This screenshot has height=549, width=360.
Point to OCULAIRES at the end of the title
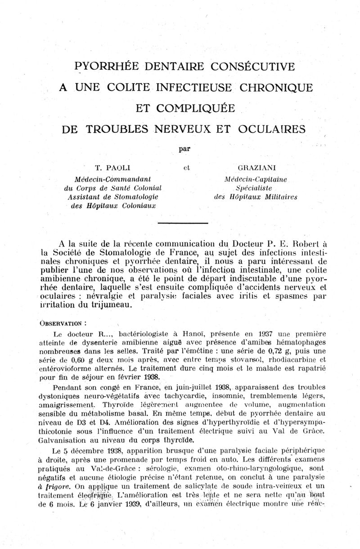click(272, 129)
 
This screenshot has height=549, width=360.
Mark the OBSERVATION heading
click(63, 323)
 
